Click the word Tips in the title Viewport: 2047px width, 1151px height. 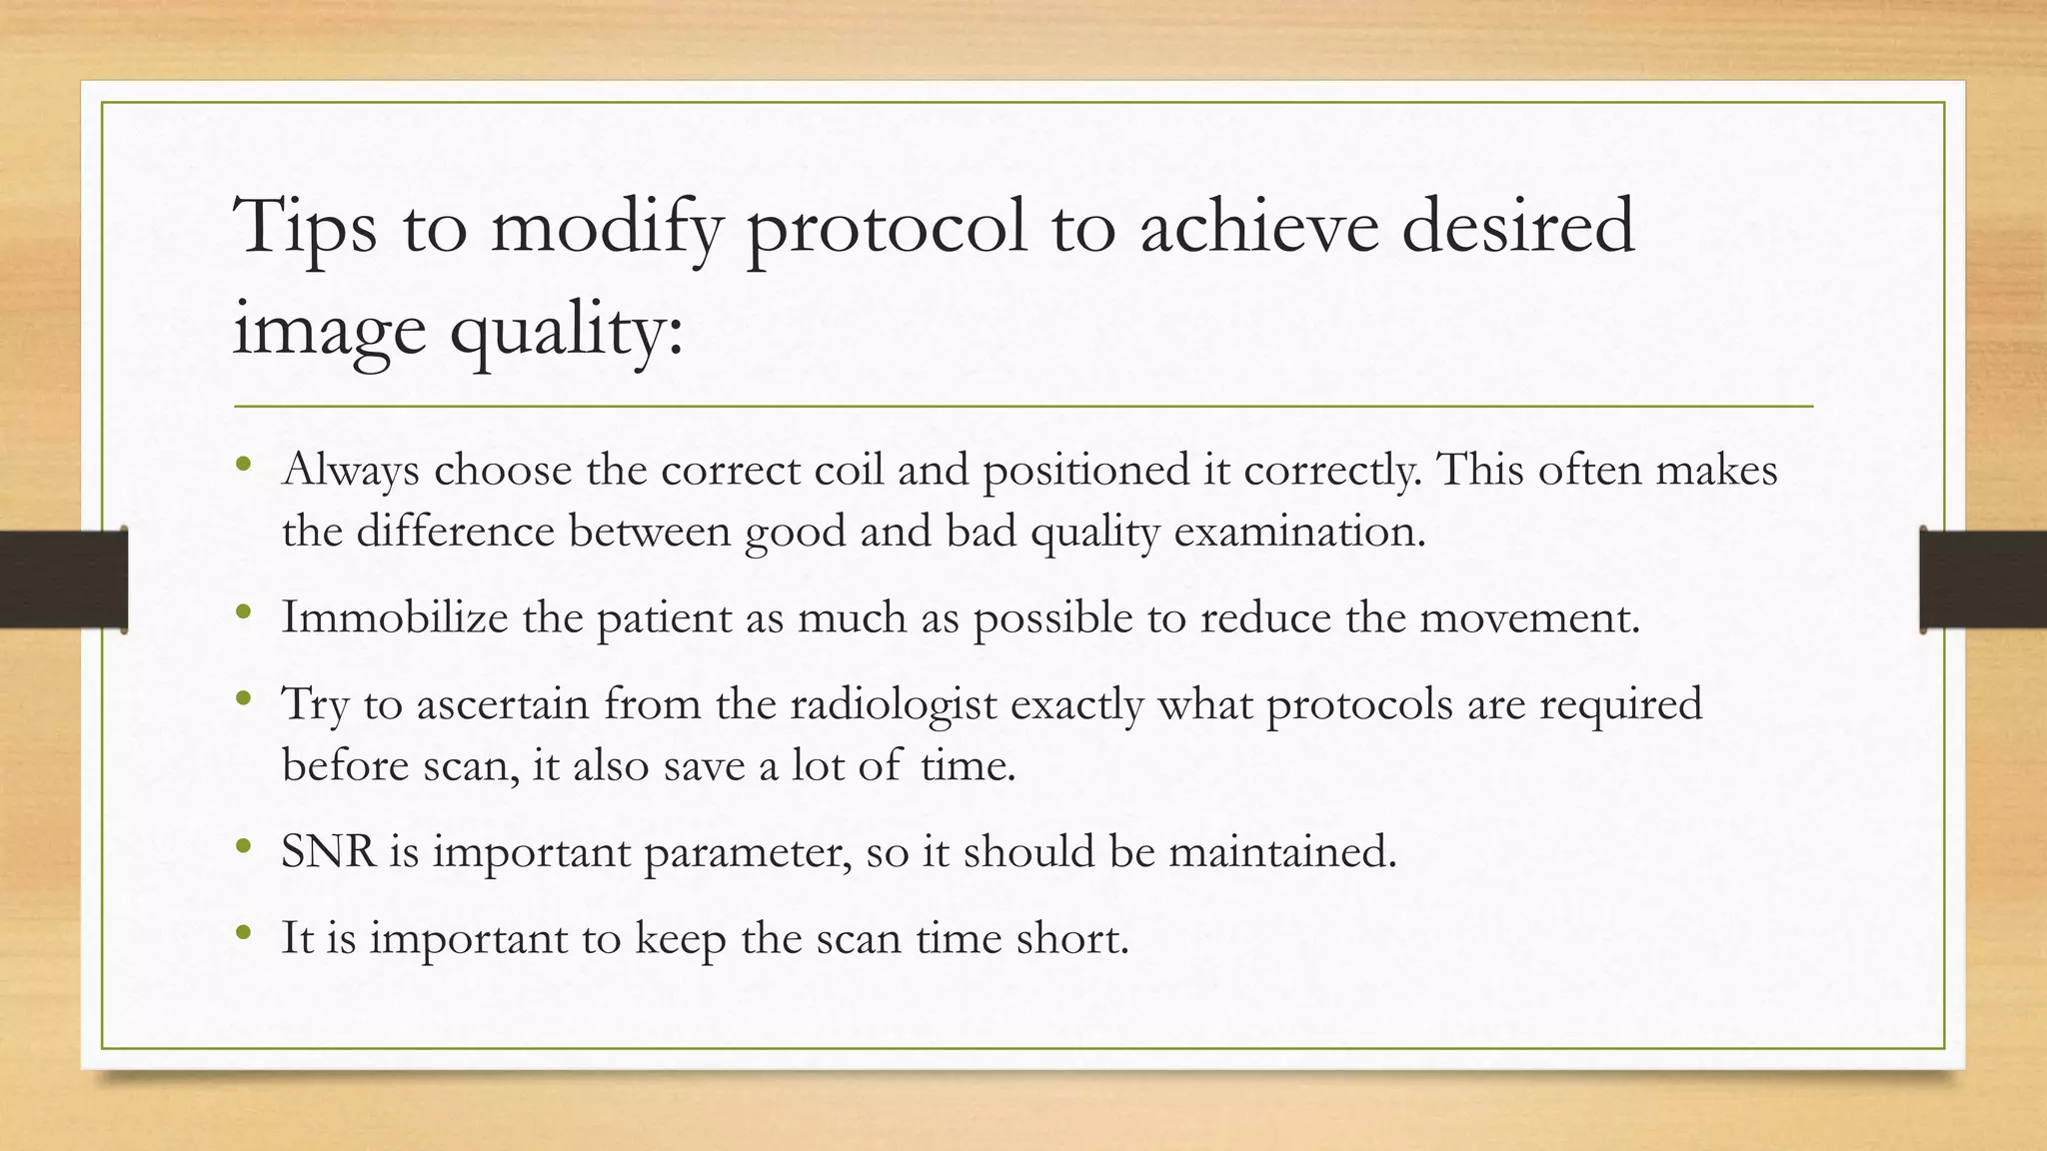[x=305, y=228]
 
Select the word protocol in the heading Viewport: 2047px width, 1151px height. [x=887, y=228]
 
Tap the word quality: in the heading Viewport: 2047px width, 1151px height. [x=567, y=331]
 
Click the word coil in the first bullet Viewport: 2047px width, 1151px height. [x=849, y=470]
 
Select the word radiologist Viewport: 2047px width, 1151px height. [x=894, y=704]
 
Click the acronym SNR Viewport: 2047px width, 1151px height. [x=328, y=852]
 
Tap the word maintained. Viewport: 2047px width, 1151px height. [x=1282, y=852]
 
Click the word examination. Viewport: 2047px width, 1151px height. [x=1299, y=532]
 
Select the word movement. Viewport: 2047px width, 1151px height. [x=1529, y=617]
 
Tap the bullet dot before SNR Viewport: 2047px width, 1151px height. [x=244, y=847]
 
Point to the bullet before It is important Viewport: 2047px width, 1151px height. [x=244, y=933]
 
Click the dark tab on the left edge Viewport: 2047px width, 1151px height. [x=63, y=579]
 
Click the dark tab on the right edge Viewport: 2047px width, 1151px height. [x=1983, y=579]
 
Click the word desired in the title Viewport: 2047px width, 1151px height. [x=1517, y=228]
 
